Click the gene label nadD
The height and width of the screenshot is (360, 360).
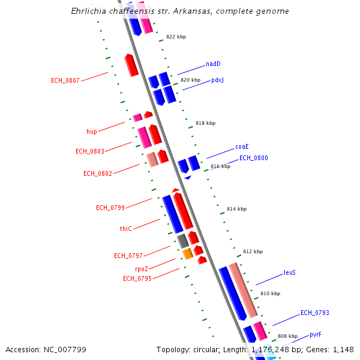213,64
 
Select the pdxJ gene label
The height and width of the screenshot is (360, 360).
217,80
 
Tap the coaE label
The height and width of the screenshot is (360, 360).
242,146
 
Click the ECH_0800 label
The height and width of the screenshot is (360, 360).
253,158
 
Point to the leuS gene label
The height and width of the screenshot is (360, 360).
289,272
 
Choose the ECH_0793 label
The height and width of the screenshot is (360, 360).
314,313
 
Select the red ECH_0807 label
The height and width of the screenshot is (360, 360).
65,80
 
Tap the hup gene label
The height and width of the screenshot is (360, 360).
91,131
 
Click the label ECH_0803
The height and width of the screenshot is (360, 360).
89,151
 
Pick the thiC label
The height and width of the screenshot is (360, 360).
125,229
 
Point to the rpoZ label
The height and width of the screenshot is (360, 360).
142,269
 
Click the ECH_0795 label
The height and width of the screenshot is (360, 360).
137,278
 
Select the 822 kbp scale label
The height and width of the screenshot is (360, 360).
176,37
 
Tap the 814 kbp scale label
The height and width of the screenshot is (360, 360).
236,209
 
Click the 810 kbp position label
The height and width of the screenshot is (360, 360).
270,293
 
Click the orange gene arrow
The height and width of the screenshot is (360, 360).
187,254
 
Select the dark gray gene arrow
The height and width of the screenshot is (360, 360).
182,241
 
